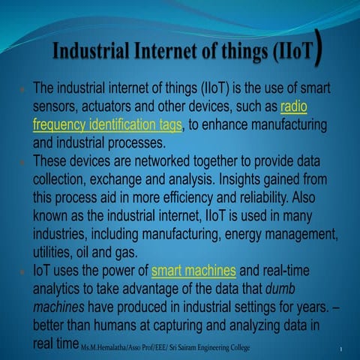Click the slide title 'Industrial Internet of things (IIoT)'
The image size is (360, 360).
(x=184, y=55)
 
